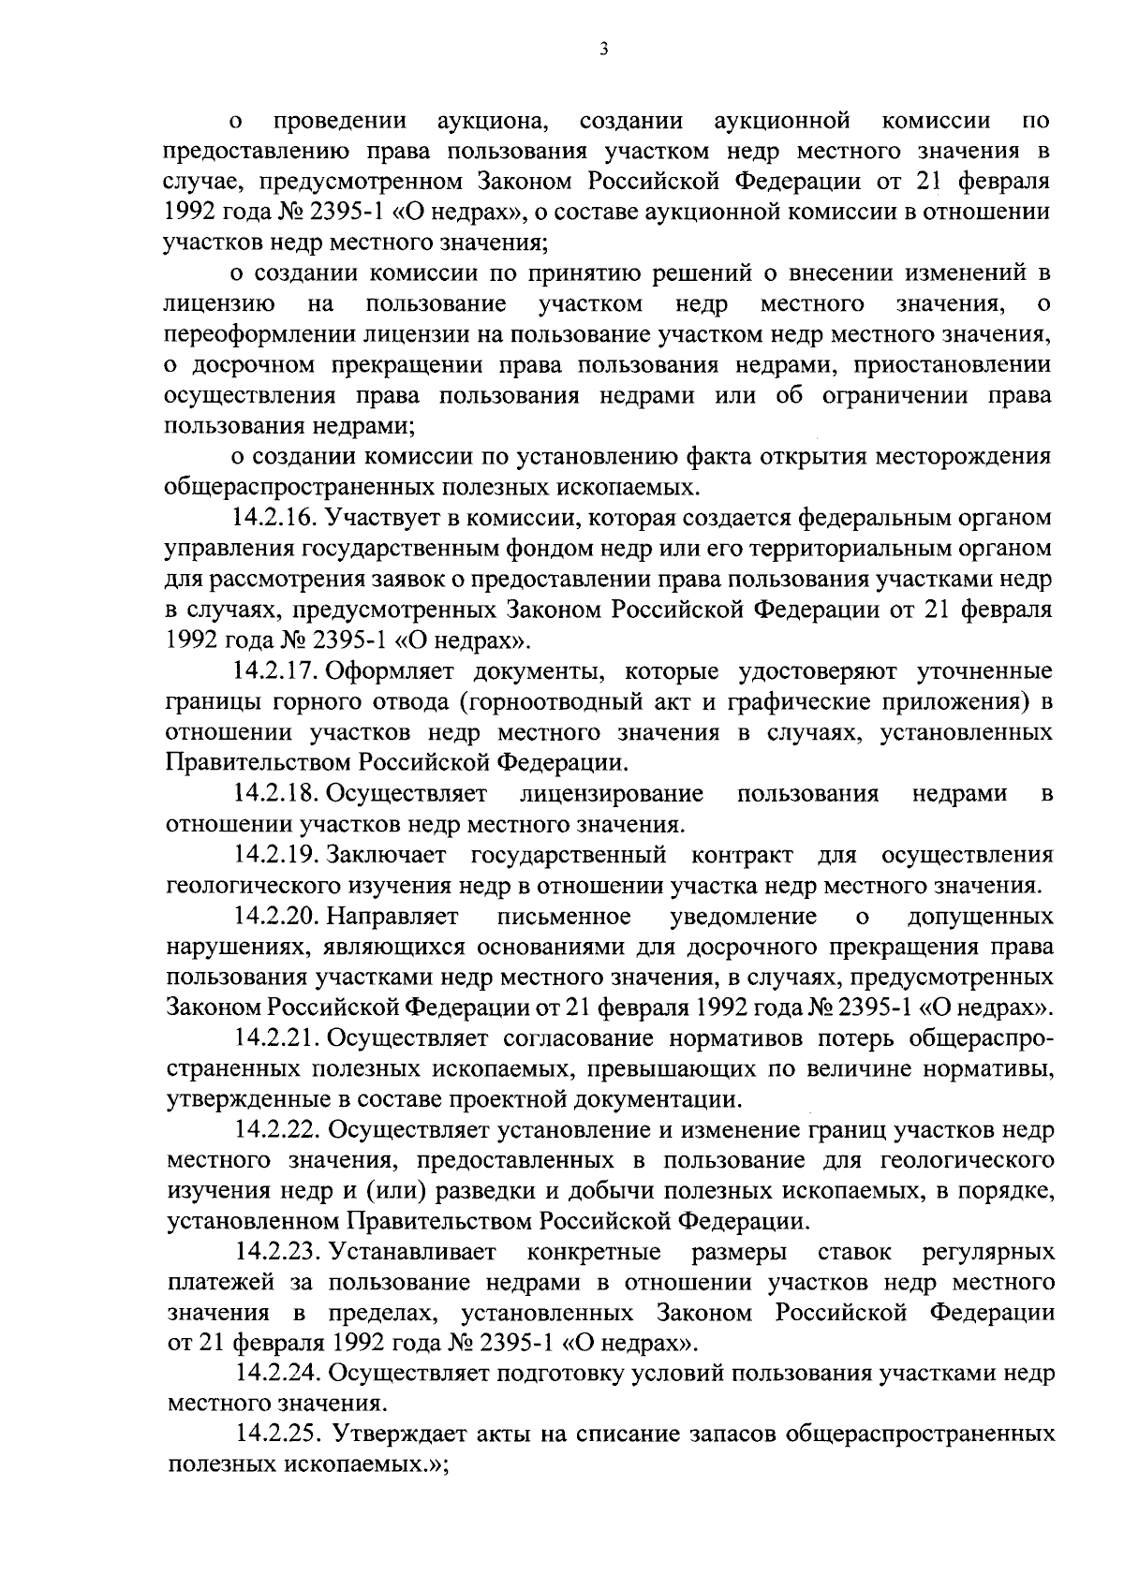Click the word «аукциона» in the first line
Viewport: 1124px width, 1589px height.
(492, 122)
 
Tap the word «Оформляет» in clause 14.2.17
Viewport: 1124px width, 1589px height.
(389, 672)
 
